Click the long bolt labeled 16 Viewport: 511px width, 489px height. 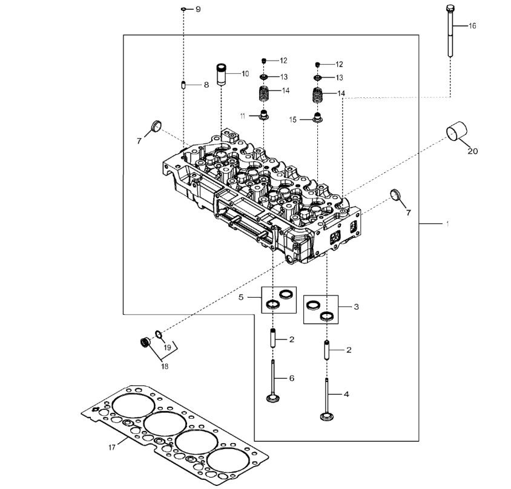click(x=450, y=31)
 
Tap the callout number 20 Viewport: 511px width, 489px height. click(x=472, y=151)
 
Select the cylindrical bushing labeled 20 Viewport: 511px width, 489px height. click(x=457, y=131)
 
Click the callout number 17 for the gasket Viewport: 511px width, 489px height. click(x=112, y=447)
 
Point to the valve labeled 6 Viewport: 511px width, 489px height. click(x=273, y=381)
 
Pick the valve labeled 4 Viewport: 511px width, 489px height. click(x=326, y=399)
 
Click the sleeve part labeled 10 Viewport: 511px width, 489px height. click(x=222, y=74)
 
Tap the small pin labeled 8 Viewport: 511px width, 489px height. click(x=183, y=85)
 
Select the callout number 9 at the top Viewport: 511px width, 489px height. click(x=198, y=9)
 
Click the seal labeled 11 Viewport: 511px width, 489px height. click(x=263, y=115)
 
